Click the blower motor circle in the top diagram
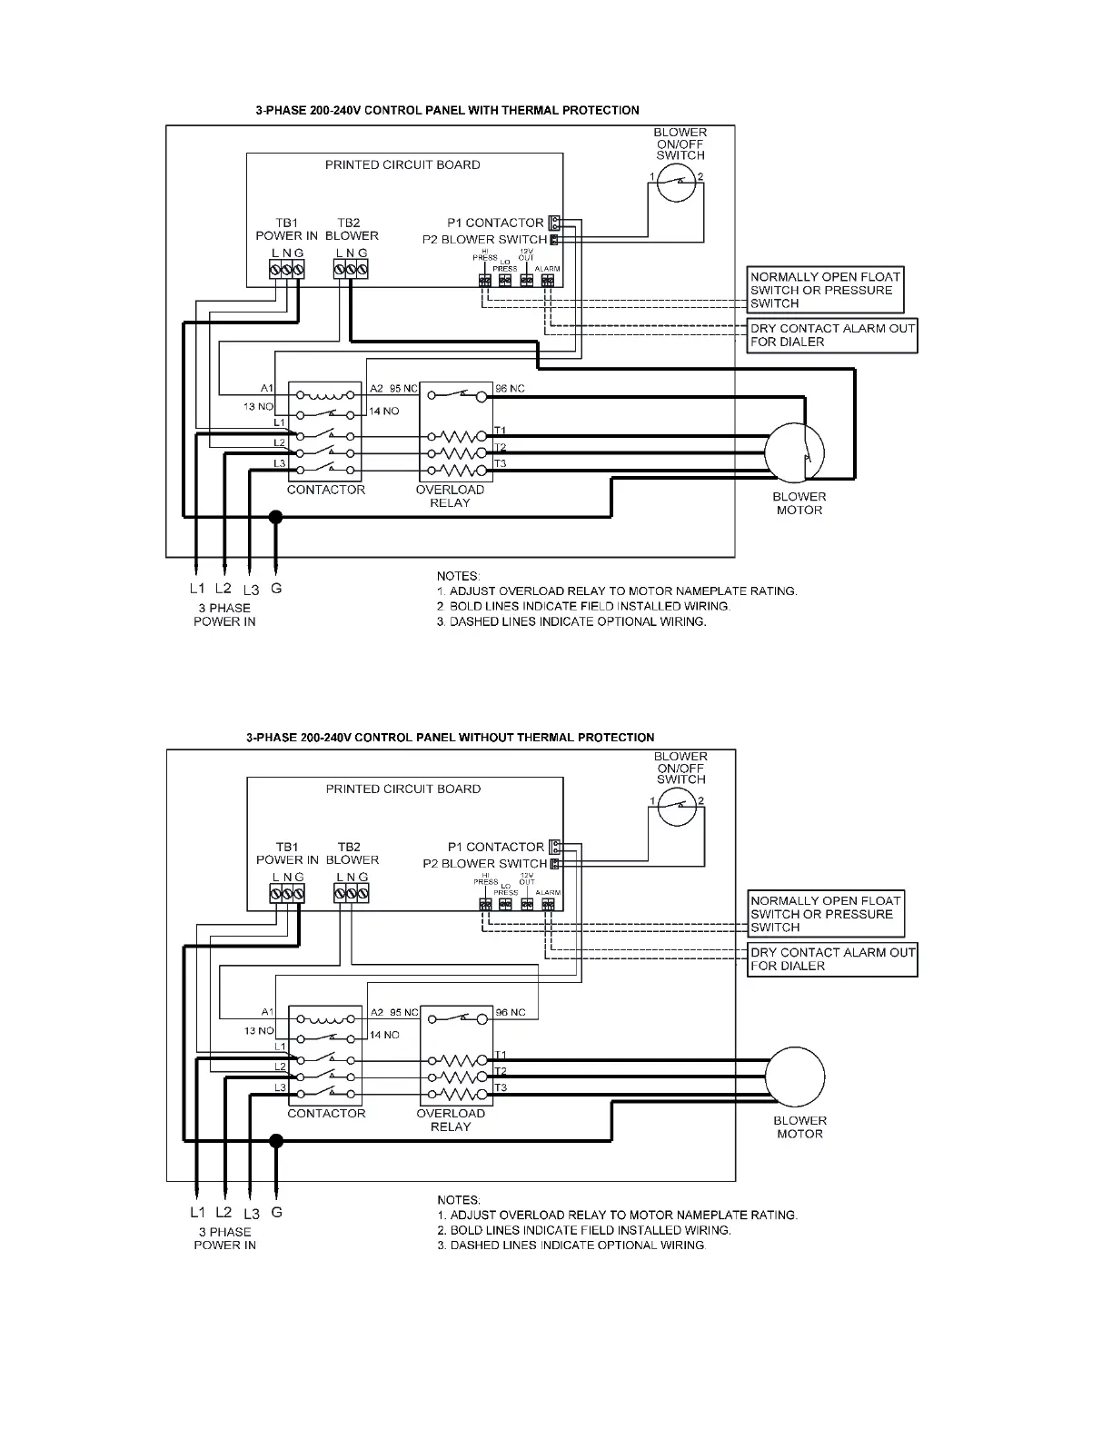tap(794, 452)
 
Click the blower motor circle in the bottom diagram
tap(795, 1077)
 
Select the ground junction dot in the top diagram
tap(276, 518)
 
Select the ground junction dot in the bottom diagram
tap(276, 1141)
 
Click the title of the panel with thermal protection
tap(447, 111)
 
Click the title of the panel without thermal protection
tap(450, 738)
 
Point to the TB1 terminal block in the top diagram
tap(287, 269)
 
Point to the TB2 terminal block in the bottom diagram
tap(352, 894)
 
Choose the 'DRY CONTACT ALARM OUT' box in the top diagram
tap(832, 335)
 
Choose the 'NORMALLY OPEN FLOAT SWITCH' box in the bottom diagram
tap(826, 914)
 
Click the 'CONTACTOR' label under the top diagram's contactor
tap(326, 490)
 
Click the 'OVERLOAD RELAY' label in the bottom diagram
tap(451, 1120)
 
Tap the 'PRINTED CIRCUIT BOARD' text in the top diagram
tap(402, 165)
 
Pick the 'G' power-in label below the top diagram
tap(276, 589)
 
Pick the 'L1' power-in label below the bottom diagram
tap(198, 1213)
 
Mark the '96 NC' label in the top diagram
tap(511, 389)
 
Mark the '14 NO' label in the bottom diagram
tap(384, 1035)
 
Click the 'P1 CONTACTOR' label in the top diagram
tap(495, 223)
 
